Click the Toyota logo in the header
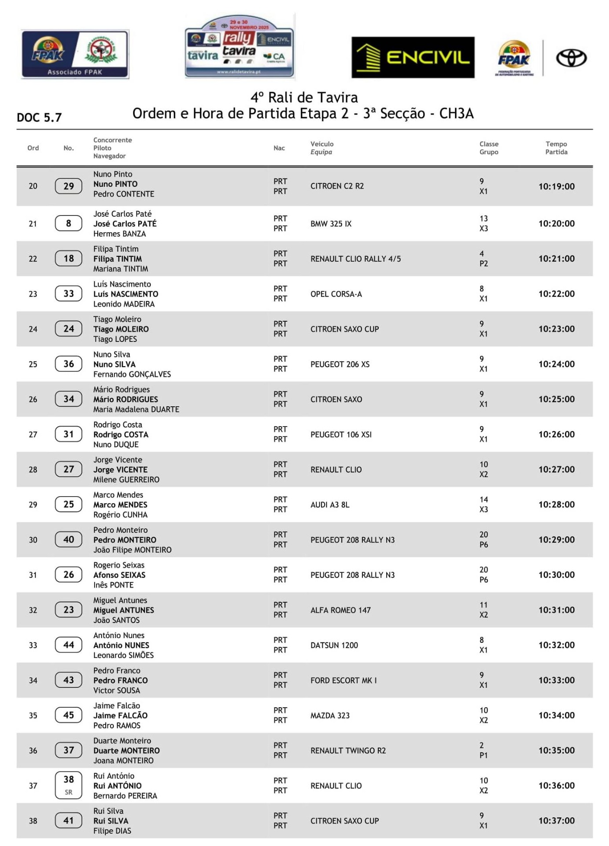(x=571, y=58)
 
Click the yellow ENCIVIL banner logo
(x=413, y=57)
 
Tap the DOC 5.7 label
(x=39, y=117)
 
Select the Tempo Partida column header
(x=556, y=148)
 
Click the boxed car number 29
(x=68, y=186)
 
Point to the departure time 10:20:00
(x=556, y=223)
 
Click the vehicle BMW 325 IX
(x=331, y=224)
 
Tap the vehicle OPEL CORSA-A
(x=336, y=294)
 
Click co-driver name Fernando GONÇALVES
(x=132, y=374)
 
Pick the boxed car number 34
(x=68, y=399)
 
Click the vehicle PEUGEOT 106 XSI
(x=341, y=434)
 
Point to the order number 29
(x=33, y=505)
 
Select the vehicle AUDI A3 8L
(x=330, y=505)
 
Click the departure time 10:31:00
(x=556, y=610)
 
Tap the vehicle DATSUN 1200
(x=334, y=645)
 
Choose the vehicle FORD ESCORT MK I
(x=343, y=680)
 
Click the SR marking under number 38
(x=68, y=792)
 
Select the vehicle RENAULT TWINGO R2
(x=348, y=750)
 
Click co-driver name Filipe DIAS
(x=112, y=831)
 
